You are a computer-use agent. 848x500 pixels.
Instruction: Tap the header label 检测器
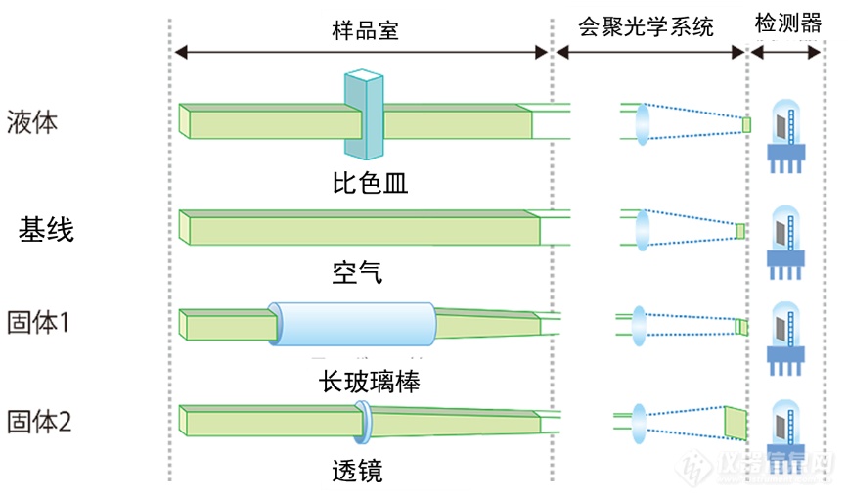[x=787, y=24]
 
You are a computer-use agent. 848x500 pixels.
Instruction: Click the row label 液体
[x=32, y=122]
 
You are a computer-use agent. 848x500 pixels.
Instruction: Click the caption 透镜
[x=357, y=472]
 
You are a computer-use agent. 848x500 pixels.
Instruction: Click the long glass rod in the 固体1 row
[x=355, y=325]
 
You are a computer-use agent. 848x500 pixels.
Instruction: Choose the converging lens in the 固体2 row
[x=642, y=422]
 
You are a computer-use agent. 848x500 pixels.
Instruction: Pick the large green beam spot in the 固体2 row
[x=734, y=422]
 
